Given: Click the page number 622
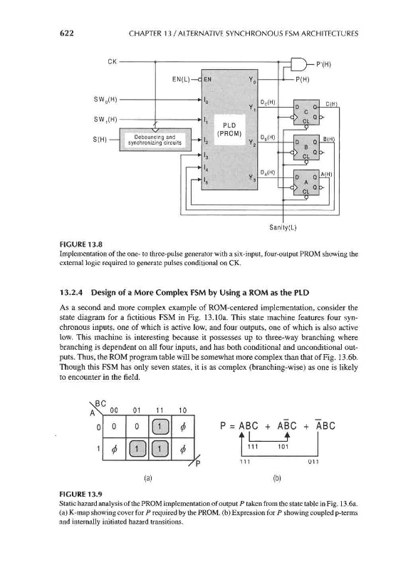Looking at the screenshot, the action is (66, 33).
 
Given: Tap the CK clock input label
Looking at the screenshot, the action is (113, 61).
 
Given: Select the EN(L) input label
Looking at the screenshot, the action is (181, 79).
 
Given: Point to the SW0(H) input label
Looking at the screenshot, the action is (105, 99).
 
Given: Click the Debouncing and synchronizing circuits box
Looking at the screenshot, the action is (155, 139).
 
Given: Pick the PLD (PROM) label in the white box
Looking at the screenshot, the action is (229, 130).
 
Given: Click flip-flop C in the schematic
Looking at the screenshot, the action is (306, 112).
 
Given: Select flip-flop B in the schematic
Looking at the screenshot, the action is (306, 147).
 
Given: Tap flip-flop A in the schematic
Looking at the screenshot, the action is (306, 182).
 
